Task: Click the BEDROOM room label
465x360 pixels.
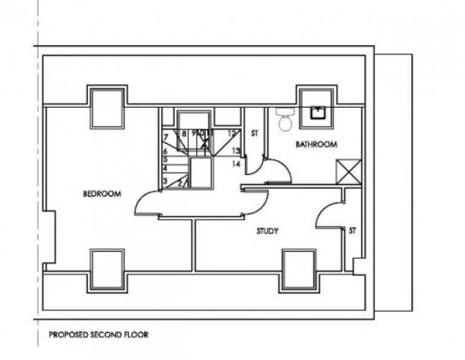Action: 102,194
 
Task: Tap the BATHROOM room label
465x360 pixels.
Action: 315,145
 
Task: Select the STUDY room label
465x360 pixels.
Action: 267,231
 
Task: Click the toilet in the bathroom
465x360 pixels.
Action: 284,120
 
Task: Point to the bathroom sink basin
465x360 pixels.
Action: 317,112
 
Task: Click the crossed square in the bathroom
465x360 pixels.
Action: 348,171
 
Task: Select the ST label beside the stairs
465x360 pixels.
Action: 254,133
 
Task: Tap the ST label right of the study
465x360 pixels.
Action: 352,231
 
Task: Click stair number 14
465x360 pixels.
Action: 236,164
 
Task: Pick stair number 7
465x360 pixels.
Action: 165,138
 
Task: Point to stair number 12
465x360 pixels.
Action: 231,133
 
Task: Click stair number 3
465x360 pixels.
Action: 165,181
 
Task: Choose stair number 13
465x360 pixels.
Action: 236,151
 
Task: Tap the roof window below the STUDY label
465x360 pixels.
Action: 300,269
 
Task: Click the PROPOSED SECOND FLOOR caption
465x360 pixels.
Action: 99,334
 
